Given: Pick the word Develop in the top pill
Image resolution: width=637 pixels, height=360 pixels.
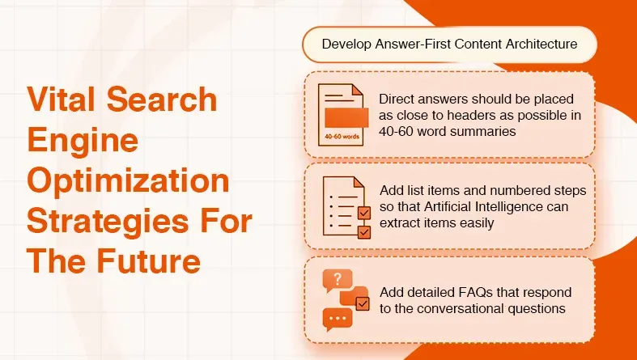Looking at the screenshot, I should pyautogui.click(x=344, y=44).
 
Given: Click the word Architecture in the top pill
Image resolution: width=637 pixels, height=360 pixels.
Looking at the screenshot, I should pyautogui.click(x=537, y=44).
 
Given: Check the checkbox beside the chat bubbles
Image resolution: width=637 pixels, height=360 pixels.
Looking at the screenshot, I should pyautogui.click(x=362, y=304).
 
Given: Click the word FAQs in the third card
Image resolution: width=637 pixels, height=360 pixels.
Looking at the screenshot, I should pyautogui.click(x=469, y=292).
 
